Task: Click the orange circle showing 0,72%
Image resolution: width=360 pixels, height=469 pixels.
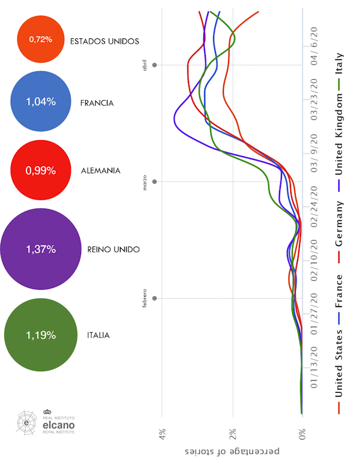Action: tap(41, 40)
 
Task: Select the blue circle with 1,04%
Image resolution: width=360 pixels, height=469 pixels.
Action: tap(41, 102)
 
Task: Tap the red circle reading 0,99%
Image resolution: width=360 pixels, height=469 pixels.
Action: tap(41, 170)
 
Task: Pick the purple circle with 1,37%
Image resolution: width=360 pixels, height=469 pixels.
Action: tap(41, 248)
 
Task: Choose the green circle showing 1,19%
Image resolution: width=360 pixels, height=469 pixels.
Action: tap(41, 335)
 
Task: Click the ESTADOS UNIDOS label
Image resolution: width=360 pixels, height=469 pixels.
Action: tap(104, 41)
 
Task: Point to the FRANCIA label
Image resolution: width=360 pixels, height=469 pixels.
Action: tap(97, 103)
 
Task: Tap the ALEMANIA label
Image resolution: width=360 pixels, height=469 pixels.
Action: tap(100, 171)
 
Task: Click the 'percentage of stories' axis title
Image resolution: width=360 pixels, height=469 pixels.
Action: tap(232, 450)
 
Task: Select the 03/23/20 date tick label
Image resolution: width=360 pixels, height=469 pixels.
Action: tap(314, 99)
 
